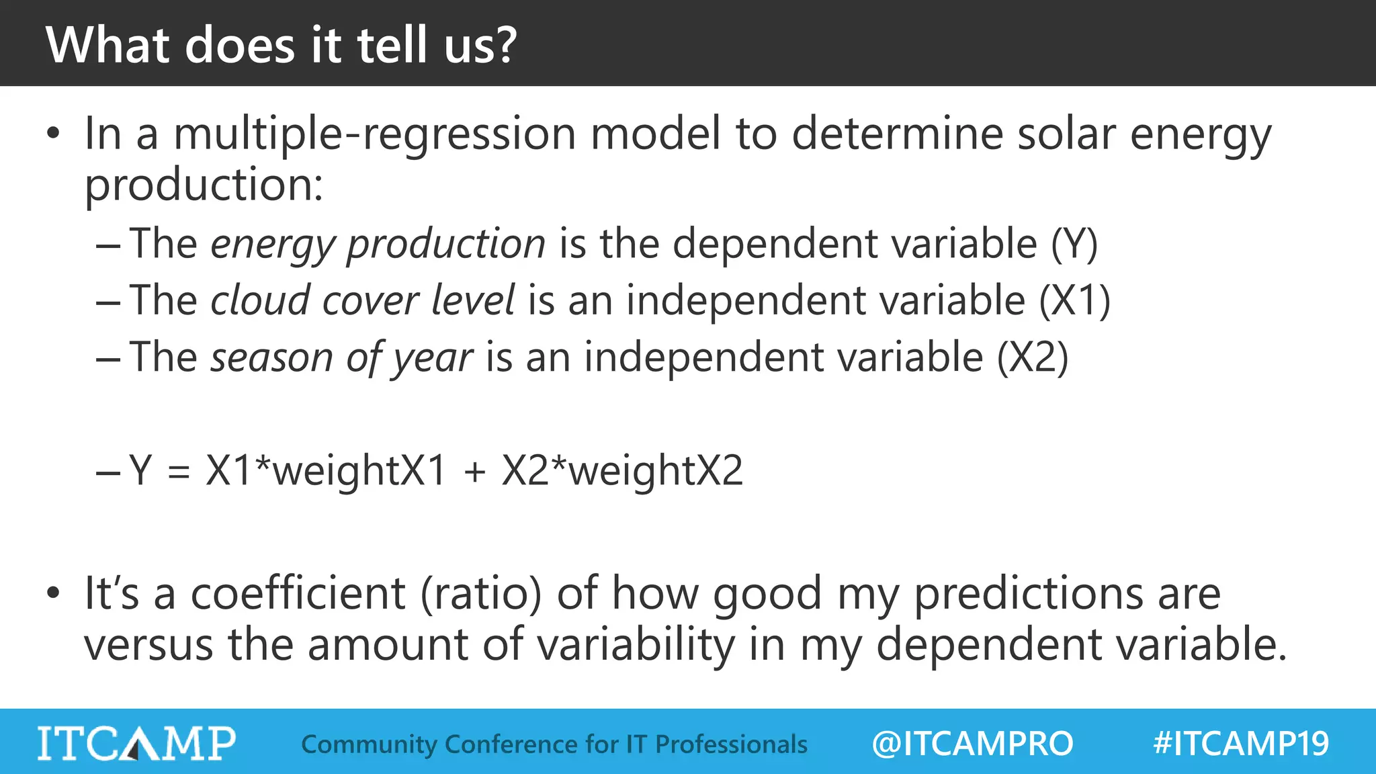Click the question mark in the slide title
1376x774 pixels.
(x=503, y=46)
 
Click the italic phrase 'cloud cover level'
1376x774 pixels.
(x=362, y=300)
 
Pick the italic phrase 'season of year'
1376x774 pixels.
(x=341, y=357)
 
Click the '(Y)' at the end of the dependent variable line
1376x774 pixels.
(x=1074, y=243)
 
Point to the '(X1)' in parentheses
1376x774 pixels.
(x=1074, y=300)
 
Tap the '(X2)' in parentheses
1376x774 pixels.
(x=1032, y=357)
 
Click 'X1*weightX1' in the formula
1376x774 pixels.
(x=326, y=470)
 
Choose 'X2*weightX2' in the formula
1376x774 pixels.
(x=622, y=470)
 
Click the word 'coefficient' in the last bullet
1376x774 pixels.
(x=298, y=594)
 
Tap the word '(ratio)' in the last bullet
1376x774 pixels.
(x=481, y=594)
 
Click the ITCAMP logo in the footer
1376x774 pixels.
(x=136, y=743)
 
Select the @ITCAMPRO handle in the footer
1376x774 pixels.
(x=972, y=744)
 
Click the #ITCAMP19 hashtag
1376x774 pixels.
(x=1240, y=744)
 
